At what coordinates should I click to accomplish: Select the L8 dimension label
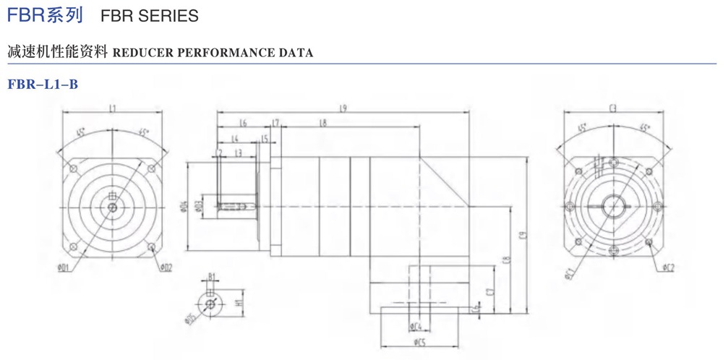(x=322, y=124)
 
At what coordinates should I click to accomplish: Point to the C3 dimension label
(x=612, y=108)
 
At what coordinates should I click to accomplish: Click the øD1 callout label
(x=63, y=268)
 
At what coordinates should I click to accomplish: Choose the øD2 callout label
(x=166, y=268)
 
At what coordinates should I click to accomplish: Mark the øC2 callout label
(x=667, y=268)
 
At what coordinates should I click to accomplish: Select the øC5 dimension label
(x=418, y=341)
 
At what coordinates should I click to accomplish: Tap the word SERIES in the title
(x=170, y=15)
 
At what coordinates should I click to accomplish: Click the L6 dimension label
(x=243, y=124)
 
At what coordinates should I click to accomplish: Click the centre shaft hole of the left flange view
(x=112, y=207)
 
